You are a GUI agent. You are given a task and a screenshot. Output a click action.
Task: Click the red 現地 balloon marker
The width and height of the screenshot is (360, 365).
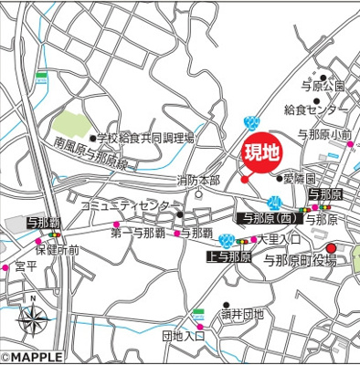click(x=260, y=154)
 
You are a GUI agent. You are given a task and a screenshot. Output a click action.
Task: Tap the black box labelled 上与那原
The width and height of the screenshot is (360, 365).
click(x=228, y=258)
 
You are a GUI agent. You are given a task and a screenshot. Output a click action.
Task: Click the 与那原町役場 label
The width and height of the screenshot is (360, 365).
click(x=300, y=261)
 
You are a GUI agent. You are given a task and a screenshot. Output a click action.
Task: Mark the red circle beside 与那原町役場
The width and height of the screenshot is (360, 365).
click(x=331, y=247)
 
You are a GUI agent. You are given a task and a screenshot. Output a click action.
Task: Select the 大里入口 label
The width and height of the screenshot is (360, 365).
click(x=279, y=239)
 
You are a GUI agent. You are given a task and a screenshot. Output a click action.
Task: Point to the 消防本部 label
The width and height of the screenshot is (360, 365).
click(x=198, y=180)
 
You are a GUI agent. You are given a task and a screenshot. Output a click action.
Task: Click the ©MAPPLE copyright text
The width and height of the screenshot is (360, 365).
click(x=32, y=358)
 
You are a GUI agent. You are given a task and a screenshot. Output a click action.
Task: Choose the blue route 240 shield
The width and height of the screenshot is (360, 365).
click(x=253, y=123)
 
